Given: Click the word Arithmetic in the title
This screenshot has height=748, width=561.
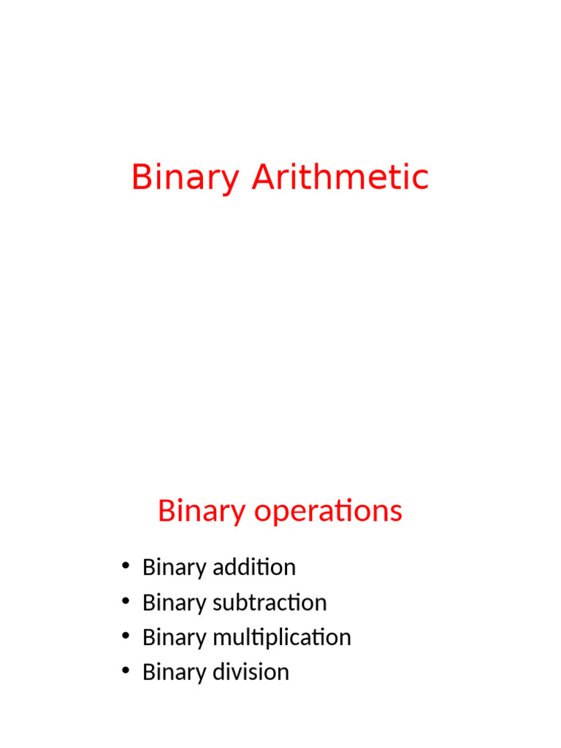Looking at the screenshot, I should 340,178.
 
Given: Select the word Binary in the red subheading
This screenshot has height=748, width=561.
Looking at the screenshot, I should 202,511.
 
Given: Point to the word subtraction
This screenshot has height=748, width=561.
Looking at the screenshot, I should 270,602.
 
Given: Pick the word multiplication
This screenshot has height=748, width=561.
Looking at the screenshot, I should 282,637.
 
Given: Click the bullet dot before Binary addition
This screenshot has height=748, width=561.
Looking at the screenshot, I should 126,567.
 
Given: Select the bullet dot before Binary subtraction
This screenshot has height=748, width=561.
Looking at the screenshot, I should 126,602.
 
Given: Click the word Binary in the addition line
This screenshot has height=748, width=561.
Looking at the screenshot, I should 174,567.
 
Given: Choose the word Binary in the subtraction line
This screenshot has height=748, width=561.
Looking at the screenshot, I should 174,602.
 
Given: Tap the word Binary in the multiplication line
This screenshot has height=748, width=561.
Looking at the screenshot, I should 174,637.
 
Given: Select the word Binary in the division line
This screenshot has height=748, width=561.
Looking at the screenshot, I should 174,672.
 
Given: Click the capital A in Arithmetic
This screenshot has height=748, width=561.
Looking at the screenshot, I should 263,178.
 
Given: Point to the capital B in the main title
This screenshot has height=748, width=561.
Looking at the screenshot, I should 141,178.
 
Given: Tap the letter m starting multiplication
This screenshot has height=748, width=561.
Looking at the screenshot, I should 221,638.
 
